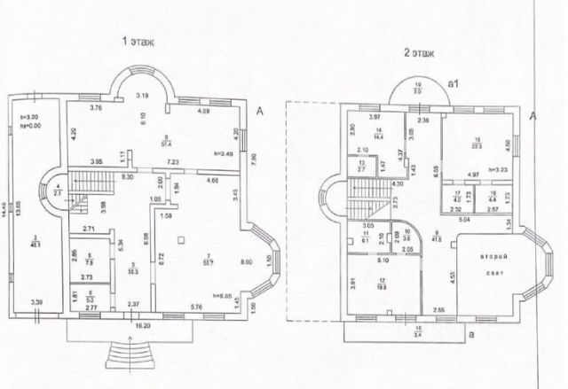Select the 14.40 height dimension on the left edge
[x=8, y=207]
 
